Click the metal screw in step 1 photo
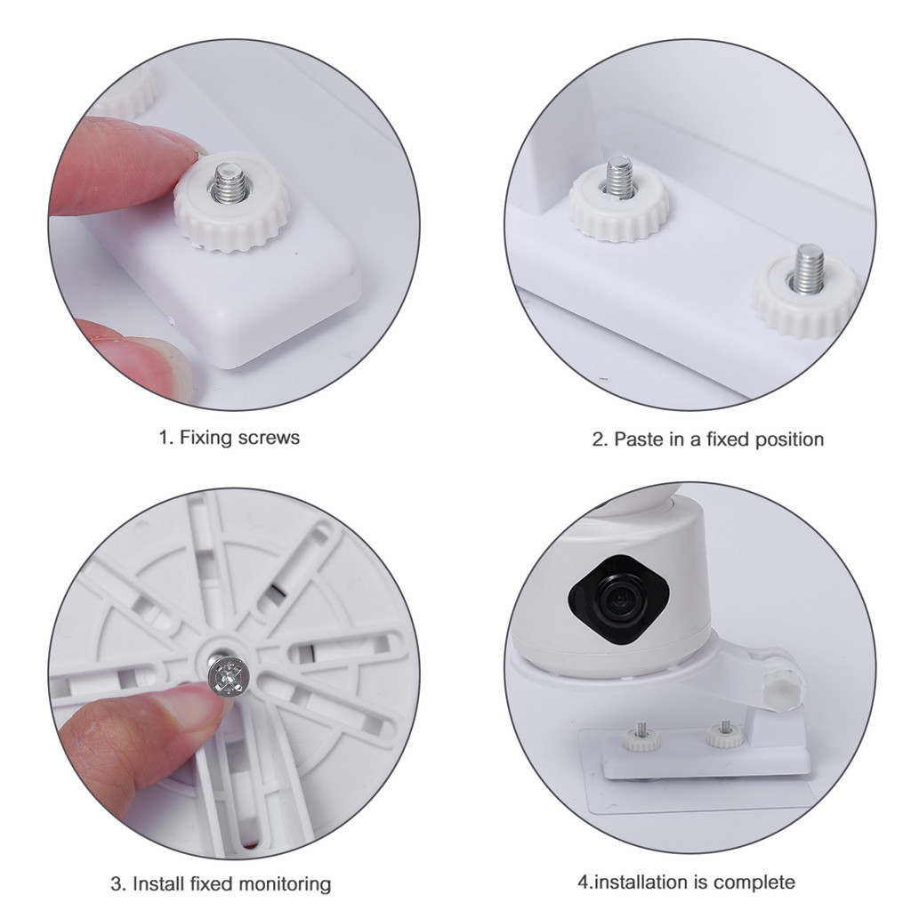click(230, 182)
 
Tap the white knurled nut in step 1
click(231, 204)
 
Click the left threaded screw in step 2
click(619, 176)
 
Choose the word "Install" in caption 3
click(158, 883)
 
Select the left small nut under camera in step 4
click(641, 738)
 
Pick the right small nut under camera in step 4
click(725, 736)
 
